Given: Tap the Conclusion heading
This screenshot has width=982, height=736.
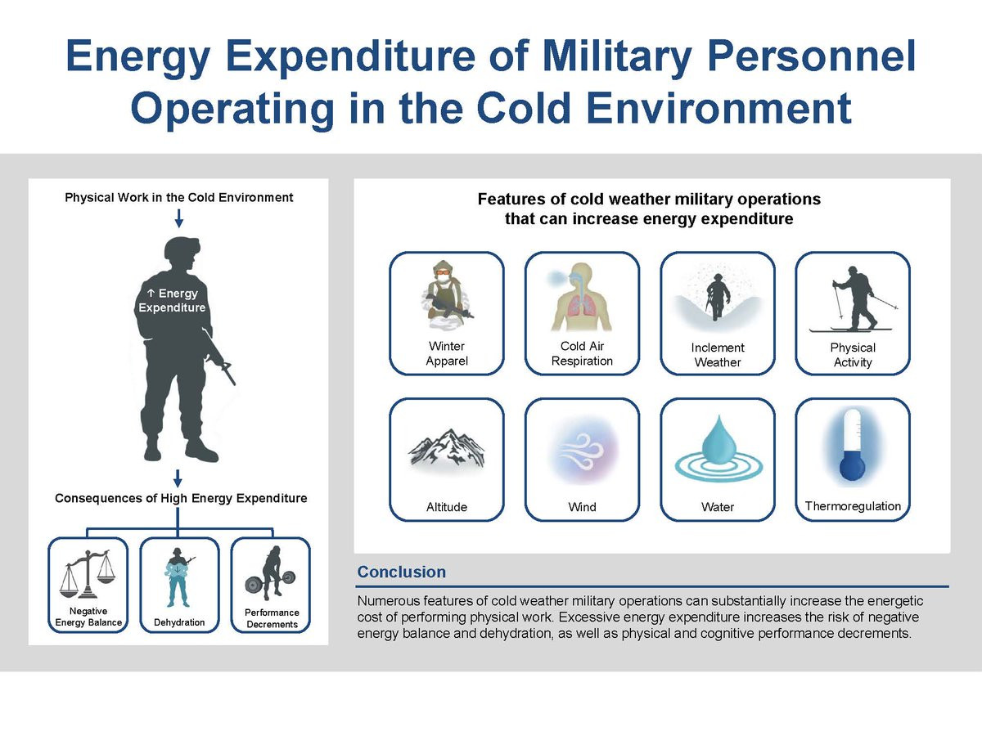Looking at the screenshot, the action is [x=401, y=572].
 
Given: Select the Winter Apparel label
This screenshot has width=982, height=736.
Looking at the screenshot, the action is [x=447, y=353].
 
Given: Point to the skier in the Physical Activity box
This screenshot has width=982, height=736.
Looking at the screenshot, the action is [x=854, y=299].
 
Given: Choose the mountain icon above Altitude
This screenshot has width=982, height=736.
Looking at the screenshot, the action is [x=447, y=448].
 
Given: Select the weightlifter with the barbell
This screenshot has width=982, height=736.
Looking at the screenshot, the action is [x=271, y=573].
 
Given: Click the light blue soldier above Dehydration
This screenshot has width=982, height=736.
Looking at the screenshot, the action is [x=179, y=577].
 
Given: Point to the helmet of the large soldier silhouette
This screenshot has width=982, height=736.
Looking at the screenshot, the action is [x=181, y=247].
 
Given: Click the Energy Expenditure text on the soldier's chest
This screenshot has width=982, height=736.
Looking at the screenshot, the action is [x=172, y=300].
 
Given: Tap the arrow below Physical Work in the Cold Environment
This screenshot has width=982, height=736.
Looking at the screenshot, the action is [x=179, y=218].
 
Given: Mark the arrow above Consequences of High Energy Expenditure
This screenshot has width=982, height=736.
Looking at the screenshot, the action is [x=178, y=478].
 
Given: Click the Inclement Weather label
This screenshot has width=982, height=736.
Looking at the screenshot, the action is [x=718, y=354].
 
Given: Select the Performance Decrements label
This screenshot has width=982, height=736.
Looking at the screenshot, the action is [x=272, y=618].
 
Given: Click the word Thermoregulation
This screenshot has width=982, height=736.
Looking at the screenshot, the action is [x=853, y=506].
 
